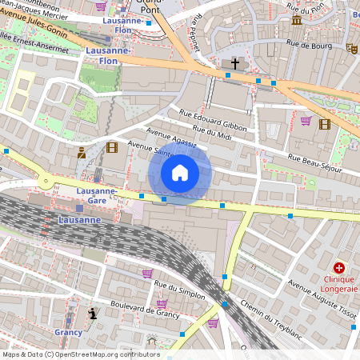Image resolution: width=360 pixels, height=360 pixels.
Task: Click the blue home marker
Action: (180, 173)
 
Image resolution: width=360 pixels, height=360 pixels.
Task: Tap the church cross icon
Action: (235, 62)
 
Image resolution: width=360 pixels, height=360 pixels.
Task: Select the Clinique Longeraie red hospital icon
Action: (339, 267)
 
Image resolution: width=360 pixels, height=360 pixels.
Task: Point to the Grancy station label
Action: (69, 332)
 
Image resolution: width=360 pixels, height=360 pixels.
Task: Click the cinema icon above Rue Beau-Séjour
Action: (324, 124)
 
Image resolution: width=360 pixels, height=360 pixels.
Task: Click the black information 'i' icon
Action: (93, 313)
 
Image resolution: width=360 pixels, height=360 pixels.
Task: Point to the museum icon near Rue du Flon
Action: (296, 20)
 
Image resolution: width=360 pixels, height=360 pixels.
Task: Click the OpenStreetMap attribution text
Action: (80, 354)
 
